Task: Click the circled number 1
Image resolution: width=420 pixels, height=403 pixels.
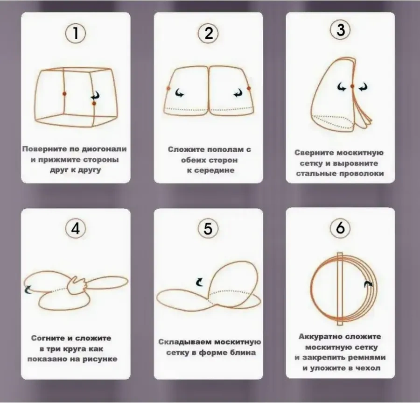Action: point(76,33)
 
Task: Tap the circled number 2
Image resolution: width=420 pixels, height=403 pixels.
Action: point(208,33)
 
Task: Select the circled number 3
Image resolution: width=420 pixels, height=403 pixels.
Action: point(340,29)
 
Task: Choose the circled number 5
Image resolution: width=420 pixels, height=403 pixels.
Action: point(208,228)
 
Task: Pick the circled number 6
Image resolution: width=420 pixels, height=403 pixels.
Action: point(340,227)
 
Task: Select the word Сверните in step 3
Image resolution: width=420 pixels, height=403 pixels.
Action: point(314,152)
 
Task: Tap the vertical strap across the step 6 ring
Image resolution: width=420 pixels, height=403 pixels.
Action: point(340,289)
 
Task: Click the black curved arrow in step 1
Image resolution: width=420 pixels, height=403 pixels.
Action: point(95,95)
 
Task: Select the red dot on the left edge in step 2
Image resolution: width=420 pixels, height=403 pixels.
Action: point(168,88)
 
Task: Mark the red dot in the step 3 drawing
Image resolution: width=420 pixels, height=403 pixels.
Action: point(352,86)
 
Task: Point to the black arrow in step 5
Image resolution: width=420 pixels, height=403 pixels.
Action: point(200,282)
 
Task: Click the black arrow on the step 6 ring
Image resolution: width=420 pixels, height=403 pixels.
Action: point(369,284)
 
